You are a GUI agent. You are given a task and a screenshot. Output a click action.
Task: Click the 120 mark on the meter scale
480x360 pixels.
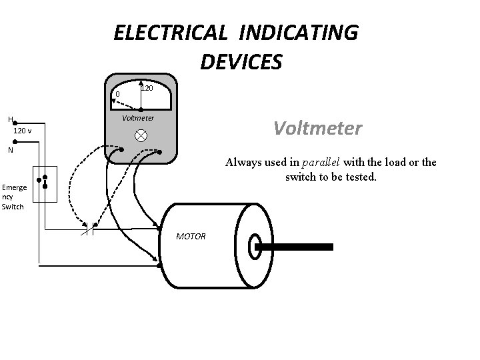click(x=147, y=88)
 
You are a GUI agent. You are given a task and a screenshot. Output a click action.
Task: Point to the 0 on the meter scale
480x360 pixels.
click(x=117, y=95)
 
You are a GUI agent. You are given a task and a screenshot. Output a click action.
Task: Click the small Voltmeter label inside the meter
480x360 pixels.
click(x=138, y=118)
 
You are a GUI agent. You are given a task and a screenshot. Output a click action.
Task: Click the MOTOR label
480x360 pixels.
click(x=191, y=237)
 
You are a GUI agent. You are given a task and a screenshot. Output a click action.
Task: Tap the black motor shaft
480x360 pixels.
click(x=297, y=247)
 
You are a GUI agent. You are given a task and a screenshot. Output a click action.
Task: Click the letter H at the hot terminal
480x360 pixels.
click(x=10, y=119)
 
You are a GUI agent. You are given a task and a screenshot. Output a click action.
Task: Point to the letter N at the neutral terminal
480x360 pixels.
click(x=10, y=150)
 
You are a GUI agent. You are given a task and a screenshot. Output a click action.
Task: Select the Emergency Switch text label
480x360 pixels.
click(x=13, y=197)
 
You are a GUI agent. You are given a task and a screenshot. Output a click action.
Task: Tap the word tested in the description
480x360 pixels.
click(x=361, y=177)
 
